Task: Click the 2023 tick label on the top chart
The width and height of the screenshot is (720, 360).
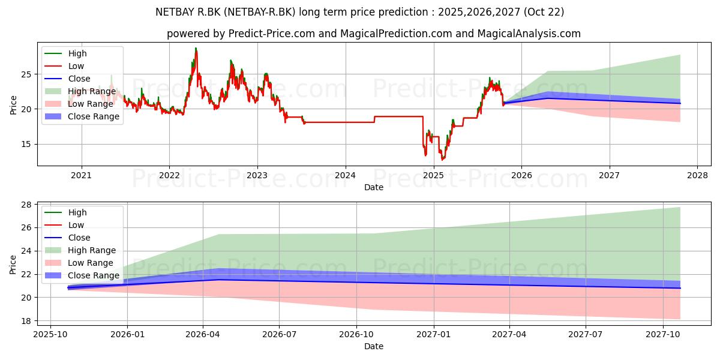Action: point(257,175)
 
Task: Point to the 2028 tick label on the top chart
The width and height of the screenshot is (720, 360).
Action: point(697,175)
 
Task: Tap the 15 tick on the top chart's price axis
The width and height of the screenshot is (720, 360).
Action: point(26,145)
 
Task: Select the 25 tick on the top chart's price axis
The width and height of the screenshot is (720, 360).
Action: point(26,74)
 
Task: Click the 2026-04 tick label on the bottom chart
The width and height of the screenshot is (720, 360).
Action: point(203,335)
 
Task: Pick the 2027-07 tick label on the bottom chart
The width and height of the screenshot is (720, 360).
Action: point(586,335)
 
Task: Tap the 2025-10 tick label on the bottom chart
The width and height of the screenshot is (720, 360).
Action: point(50,335)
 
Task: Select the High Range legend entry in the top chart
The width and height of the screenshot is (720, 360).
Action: point(80,91)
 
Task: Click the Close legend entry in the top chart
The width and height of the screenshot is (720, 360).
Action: point(67,79)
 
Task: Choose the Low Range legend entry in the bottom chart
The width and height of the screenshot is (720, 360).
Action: point(79,263)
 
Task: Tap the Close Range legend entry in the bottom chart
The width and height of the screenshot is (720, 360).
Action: point(82,275)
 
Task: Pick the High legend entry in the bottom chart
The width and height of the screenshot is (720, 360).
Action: point(65,212)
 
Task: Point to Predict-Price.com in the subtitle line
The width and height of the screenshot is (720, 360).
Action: point(272,34)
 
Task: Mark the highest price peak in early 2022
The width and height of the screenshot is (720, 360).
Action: point(196,48)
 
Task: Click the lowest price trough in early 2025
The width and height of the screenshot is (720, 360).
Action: point(443,160)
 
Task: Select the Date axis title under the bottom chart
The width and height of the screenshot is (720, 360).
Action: point(373,346)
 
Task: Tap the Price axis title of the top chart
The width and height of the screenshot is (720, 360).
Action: point(13,105)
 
